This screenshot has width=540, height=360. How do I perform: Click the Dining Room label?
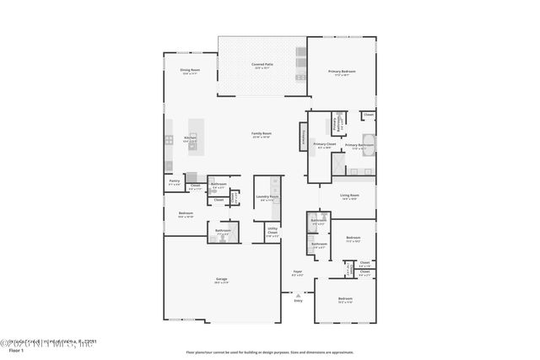[x=189, y=71]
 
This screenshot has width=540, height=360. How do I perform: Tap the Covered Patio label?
[x=262, y=65]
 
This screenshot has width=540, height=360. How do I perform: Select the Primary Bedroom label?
[x=342, y=73]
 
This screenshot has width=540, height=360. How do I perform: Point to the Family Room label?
[x=261, y=134]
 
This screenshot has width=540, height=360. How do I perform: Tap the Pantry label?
[x=174, y=181]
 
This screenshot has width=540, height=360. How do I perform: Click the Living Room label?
[x=349, y=196]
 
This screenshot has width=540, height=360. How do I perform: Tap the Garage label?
[x=221, y=280]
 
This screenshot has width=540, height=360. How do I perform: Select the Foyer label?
[x=297, y=272]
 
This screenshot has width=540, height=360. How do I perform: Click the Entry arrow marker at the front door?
[x=297, y=293]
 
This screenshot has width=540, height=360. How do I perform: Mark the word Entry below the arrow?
[x=297, y=300]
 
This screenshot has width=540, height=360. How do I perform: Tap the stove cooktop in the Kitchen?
[x=169, y=140]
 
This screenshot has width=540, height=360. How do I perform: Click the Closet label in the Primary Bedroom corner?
[x=369, y=116]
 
